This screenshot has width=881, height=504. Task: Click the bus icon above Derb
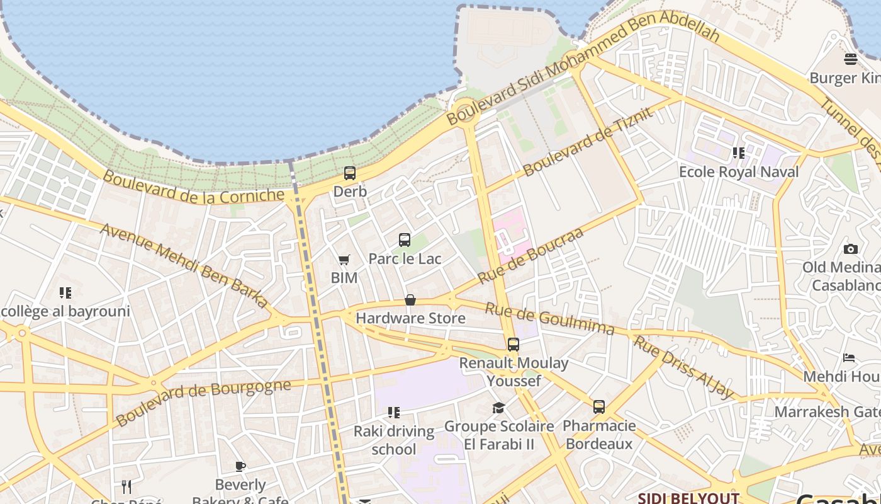point(350,173)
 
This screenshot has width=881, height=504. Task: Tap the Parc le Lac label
point(405,258)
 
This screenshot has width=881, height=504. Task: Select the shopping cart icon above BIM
point(344,260)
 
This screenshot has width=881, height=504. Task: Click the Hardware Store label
point(411,318)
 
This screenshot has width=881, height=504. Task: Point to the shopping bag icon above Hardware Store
point(410,300)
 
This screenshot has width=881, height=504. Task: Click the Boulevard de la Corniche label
point(193,188)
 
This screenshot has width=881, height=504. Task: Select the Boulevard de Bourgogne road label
point(204,401)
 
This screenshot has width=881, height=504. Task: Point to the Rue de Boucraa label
point(530,255)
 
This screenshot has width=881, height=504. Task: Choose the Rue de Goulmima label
point(549,318)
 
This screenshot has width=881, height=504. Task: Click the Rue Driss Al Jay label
point(683,367)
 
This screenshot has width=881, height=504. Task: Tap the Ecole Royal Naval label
point(739,171)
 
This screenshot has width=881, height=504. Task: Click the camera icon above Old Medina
point(851,249)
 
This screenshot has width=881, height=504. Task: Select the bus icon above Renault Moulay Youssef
point(513,345)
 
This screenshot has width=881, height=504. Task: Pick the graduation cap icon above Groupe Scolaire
point(498,408)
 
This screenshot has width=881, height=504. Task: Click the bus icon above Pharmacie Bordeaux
point(599,407)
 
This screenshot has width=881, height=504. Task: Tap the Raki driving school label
point(394,440)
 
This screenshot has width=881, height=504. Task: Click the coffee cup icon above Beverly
point(240,466)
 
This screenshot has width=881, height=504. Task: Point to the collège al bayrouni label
point(64,311)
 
